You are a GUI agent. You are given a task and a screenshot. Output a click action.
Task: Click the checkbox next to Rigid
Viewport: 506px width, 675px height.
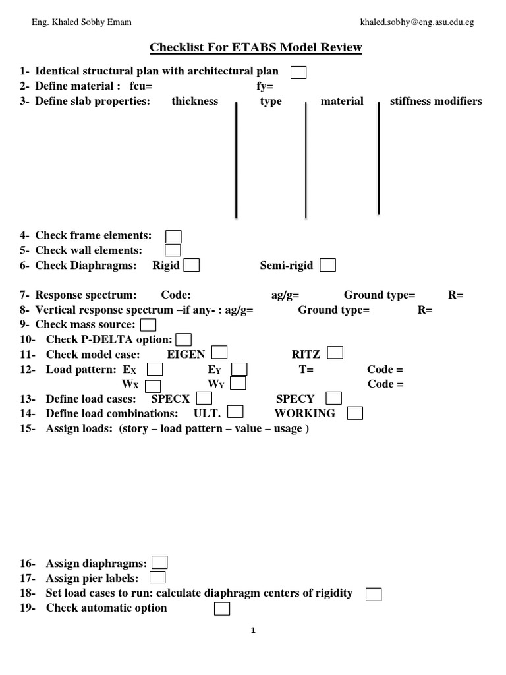(x=192, y=265)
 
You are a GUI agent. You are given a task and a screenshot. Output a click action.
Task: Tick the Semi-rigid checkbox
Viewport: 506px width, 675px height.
(x=327, y=265)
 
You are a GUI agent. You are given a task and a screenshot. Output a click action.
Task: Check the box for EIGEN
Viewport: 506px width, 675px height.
(x=219, y=353)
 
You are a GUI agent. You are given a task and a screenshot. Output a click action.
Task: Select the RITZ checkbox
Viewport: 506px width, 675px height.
(x=335, y=353)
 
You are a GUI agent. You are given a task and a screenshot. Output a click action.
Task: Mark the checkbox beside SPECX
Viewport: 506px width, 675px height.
(x=204, y=398)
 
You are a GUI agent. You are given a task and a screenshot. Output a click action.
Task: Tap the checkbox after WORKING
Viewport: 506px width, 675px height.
(x=355, y=413)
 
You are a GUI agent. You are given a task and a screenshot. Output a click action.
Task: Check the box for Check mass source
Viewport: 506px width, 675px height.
(x=148, y=324)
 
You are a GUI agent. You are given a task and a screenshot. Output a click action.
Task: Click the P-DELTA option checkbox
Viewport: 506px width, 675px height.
(x=184, y=339)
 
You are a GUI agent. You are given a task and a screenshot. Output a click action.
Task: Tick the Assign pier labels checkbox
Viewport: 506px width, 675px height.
(x=157, y=577)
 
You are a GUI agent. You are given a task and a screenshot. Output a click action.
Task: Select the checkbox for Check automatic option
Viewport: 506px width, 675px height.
(x=222, y=608)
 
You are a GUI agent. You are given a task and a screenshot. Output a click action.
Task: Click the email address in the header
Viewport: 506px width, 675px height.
(x=417, y=22)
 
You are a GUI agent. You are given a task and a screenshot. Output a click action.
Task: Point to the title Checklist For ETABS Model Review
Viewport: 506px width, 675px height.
(x=256, y=47)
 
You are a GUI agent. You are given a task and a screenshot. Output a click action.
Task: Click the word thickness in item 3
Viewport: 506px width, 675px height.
(x=194, y=101)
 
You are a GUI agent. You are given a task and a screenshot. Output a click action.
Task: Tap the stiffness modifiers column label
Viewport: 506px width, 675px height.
(x=436, y=101)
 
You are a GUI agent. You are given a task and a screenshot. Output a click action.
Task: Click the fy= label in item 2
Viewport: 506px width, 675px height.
(x=265, y=86)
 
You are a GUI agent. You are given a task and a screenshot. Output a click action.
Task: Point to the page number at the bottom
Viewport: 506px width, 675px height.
(x=253, y=631)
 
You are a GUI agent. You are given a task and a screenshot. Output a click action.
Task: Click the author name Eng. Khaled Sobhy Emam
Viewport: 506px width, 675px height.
(x=82, y=22)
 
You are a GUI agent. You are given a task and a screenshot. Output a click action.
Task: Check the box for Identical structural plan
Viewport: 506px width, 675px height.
(x=298, y=72)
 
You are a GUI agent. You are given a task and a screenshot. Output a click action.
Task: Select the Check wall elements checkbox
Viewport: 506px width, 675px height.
(x=173, y=250)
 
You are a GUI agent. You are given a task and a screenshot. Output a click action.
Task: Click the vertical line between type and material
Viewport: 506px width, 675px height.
(x=306, y=158)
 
